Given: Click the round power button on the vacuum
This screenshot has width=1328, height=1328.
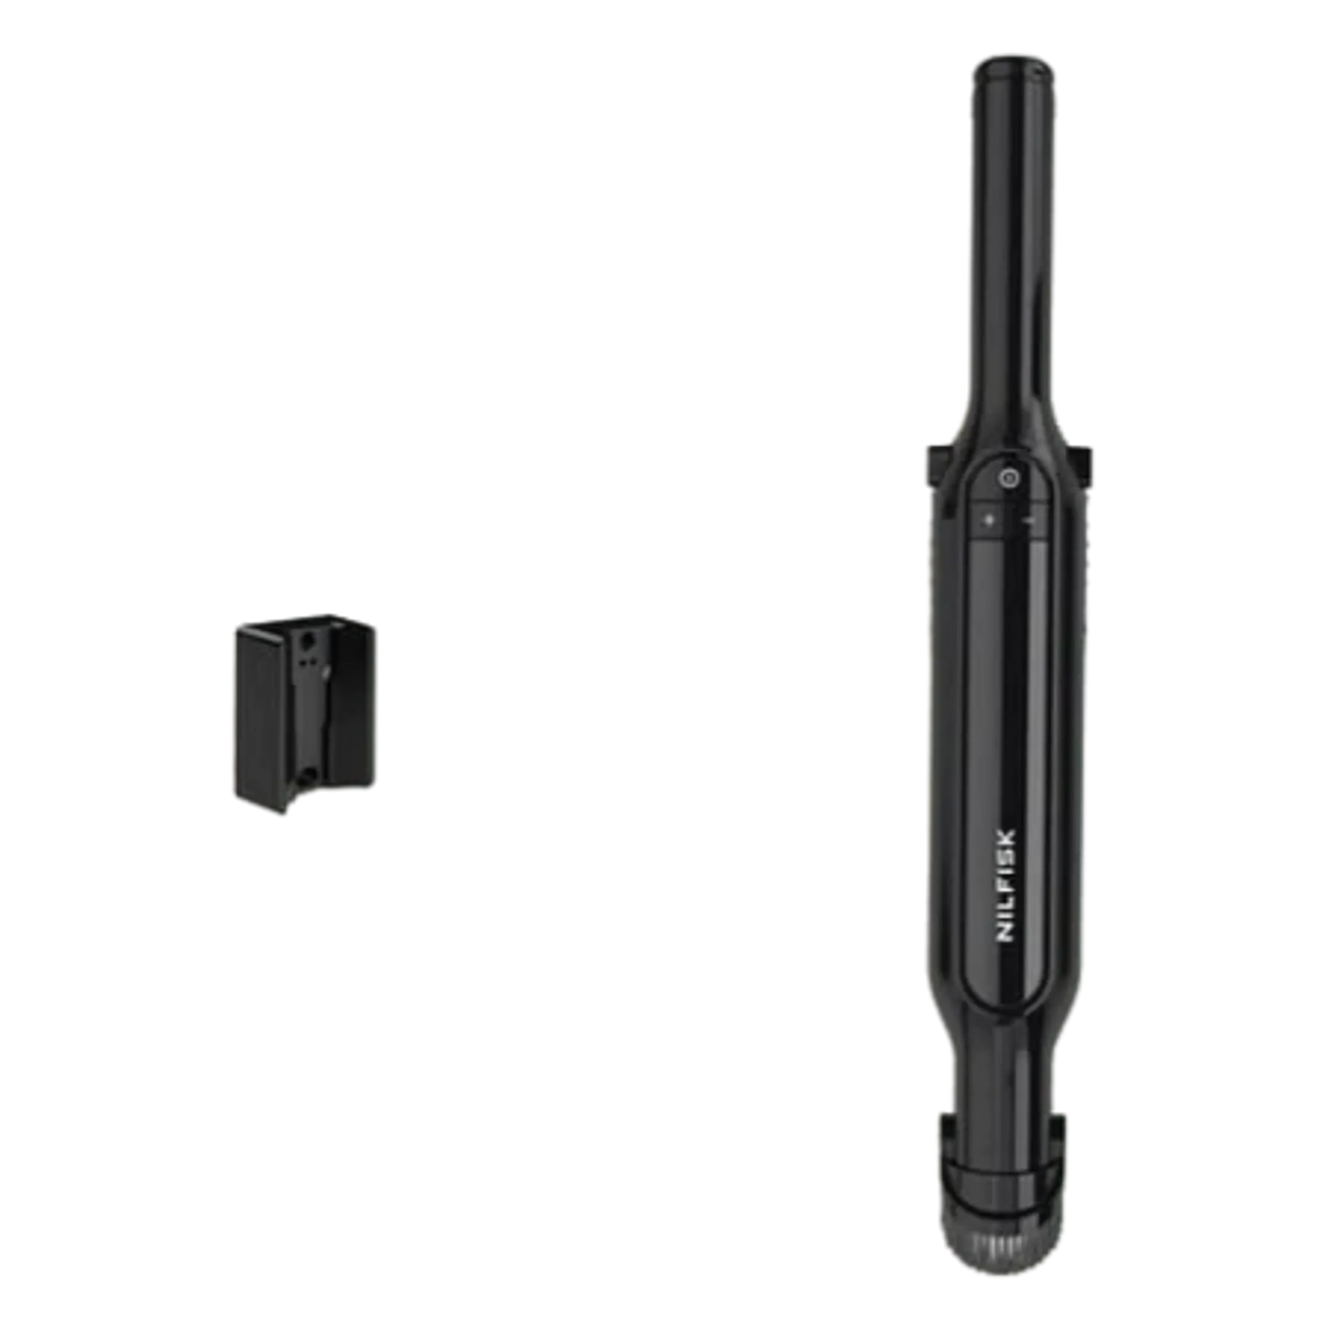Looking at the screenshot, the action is [x=1008, y=478].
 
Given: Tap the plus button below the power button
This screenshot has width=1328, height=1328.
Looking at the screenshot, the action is [x=990, y=520].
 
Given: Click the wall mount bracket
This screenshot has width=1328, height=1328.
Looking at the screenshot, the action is [x=304, y=713].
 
